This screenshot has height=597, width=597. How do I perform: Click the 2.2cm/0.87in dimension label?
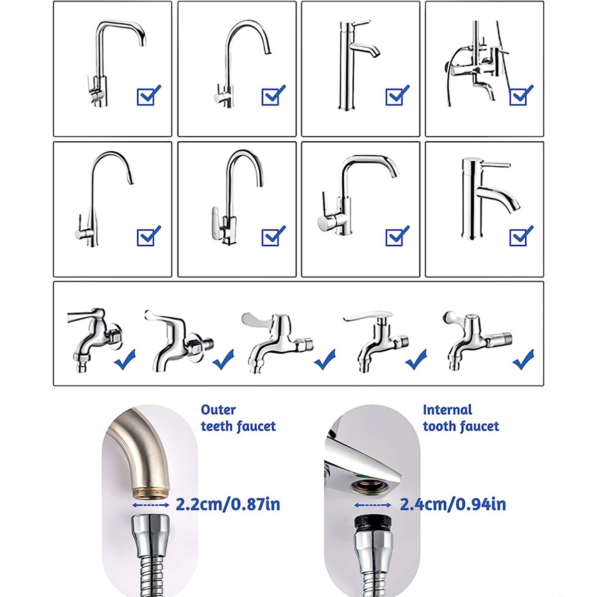pyautogui.click(x=228, y=504)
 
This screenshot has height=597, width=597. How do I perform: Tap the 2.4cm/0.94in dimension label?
pyautogui.click(x=453, y=504)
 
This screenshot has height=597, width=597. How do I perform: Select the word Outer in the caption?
pyautogui.click(x=218, y=410)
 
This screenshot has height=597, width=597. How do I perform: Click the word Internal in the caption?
pyautogui.click(x=447, y=410)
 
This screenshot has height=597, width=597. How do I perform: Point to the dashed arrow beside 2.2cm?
pyautogui.click(x=151, y=505)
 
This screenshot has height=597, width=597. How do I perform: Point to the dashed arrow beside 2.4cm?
pyautogui.click(x=373, y=505)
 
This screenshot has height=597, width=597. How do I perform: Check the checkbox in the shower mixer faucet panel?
pyautogui.click(x=520, y=96)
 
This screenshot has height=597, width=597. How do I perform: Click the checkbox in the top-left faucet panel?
pyautogui.click(x=148, y=96)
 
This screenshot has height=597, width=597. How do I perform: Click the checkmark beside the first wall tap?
pyautogui.click(x=125, y=359)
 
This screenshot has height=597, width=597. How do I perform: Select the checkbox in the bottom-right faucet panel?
pyautogui.click(x=520, y=236)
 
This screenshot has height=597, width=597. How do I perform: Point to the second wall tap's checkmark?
pyautogui.click(x=223, y=359)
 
